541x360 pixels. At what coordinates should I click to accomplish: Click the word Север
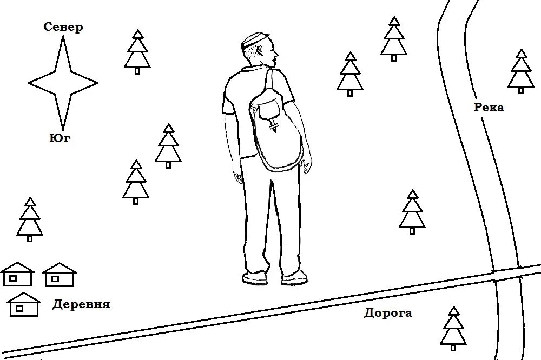[63, 28]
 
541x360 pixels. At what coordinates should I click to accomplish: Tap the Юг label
[60, 138]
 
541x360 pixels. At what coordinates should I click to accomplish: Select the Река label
[489, 108]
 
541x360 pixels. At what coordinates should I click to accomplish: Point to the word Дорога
[388, 313]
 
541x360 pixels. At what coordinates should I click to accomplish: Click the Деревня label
[81, 304]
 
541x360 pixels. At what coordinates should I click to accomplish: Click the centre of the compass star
[63, 83]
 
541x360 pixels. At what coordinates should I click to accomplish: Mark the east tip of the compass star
[97, 83]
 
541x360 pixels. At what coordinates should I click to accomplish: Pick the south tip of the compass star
[63, 129]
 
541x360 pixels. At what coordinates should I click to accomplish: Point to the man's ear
[262, 53]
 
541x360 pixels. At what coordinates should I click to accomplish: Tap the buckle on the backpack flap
[274, 126]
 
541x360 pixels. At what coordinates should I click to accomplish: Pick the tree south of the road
[453, 328]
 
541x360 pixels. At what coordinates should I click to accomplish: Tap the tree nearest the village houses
[30, 219]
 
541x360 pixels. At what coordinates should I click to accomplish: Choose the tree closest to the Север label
[137, 52]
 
